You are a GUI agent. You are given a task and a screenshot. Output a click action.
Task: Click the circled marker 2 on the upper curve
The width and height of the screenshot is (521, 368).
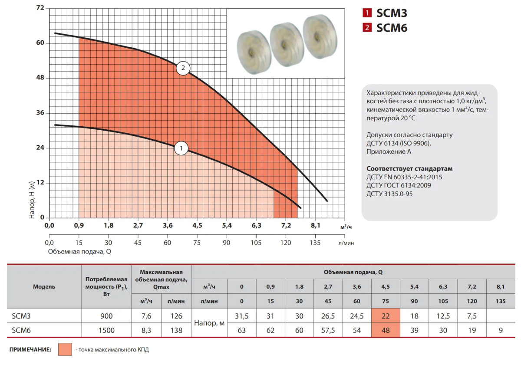pyautogui.click(x=183, y=68)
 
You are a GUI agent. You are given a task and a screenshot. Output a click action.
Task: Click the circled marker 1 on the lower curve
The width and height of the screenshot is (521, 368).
pyautogui.click(x=181, y=148)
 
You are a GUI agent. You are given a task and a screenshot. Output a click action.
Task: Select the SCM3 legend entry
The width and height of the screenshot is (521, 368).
pyautogui.click(x=385, y=13)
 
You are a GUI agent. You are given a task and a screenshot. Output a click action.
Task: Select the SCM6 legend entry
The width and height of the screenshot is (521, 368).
pyautogui.click(x=385, y=28)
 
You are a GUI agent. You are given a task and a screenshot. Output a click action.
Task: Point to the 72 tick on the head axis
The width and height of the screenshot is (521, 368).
pyautogui.click(x=40, y=8)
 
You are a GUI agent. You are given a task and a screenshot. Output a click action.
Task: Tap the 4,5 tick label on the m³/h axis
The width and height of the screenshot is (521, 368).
pyautogui.click(x=197, y=226)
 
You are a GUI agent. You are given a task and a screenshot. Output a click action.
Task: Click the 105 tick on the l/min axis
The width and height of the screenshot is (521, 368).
pyautogui.click(x=256, y=243)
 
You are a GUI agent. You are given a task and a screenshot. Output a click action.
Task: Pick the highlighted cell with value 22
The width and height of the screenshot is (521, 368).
pyautogui.click(x=386, y=316)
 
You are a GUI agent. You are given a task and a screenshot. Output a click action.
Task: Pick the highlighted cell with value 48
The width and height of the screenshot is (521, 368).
pyautogui.click(x=386, y=330)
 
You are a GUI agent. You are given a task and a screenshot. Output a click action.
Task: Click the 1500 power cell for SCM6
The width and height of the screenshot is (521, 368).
pyautogui.click(x=106, y=330)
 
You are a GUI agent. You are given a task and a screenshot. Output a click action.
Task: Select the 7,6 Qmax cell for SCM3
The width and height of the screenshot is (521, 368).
pyautogui.click(x=146, y=316)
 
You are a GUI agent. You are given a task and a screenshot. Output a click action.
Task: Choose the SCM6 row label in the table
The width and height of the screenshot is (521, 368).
pyautogui.click(x=18, y=330)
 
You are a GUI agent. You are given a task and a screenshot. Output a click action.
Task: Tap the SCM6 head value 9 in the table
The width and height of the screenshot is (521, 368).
pyautogui.click(x=501, y=330)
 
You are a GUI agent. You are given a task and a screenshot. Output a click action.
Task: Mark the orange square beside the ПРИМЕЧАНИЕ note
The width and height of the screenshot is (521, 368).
pyautogui.click(x=65, y=349)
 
